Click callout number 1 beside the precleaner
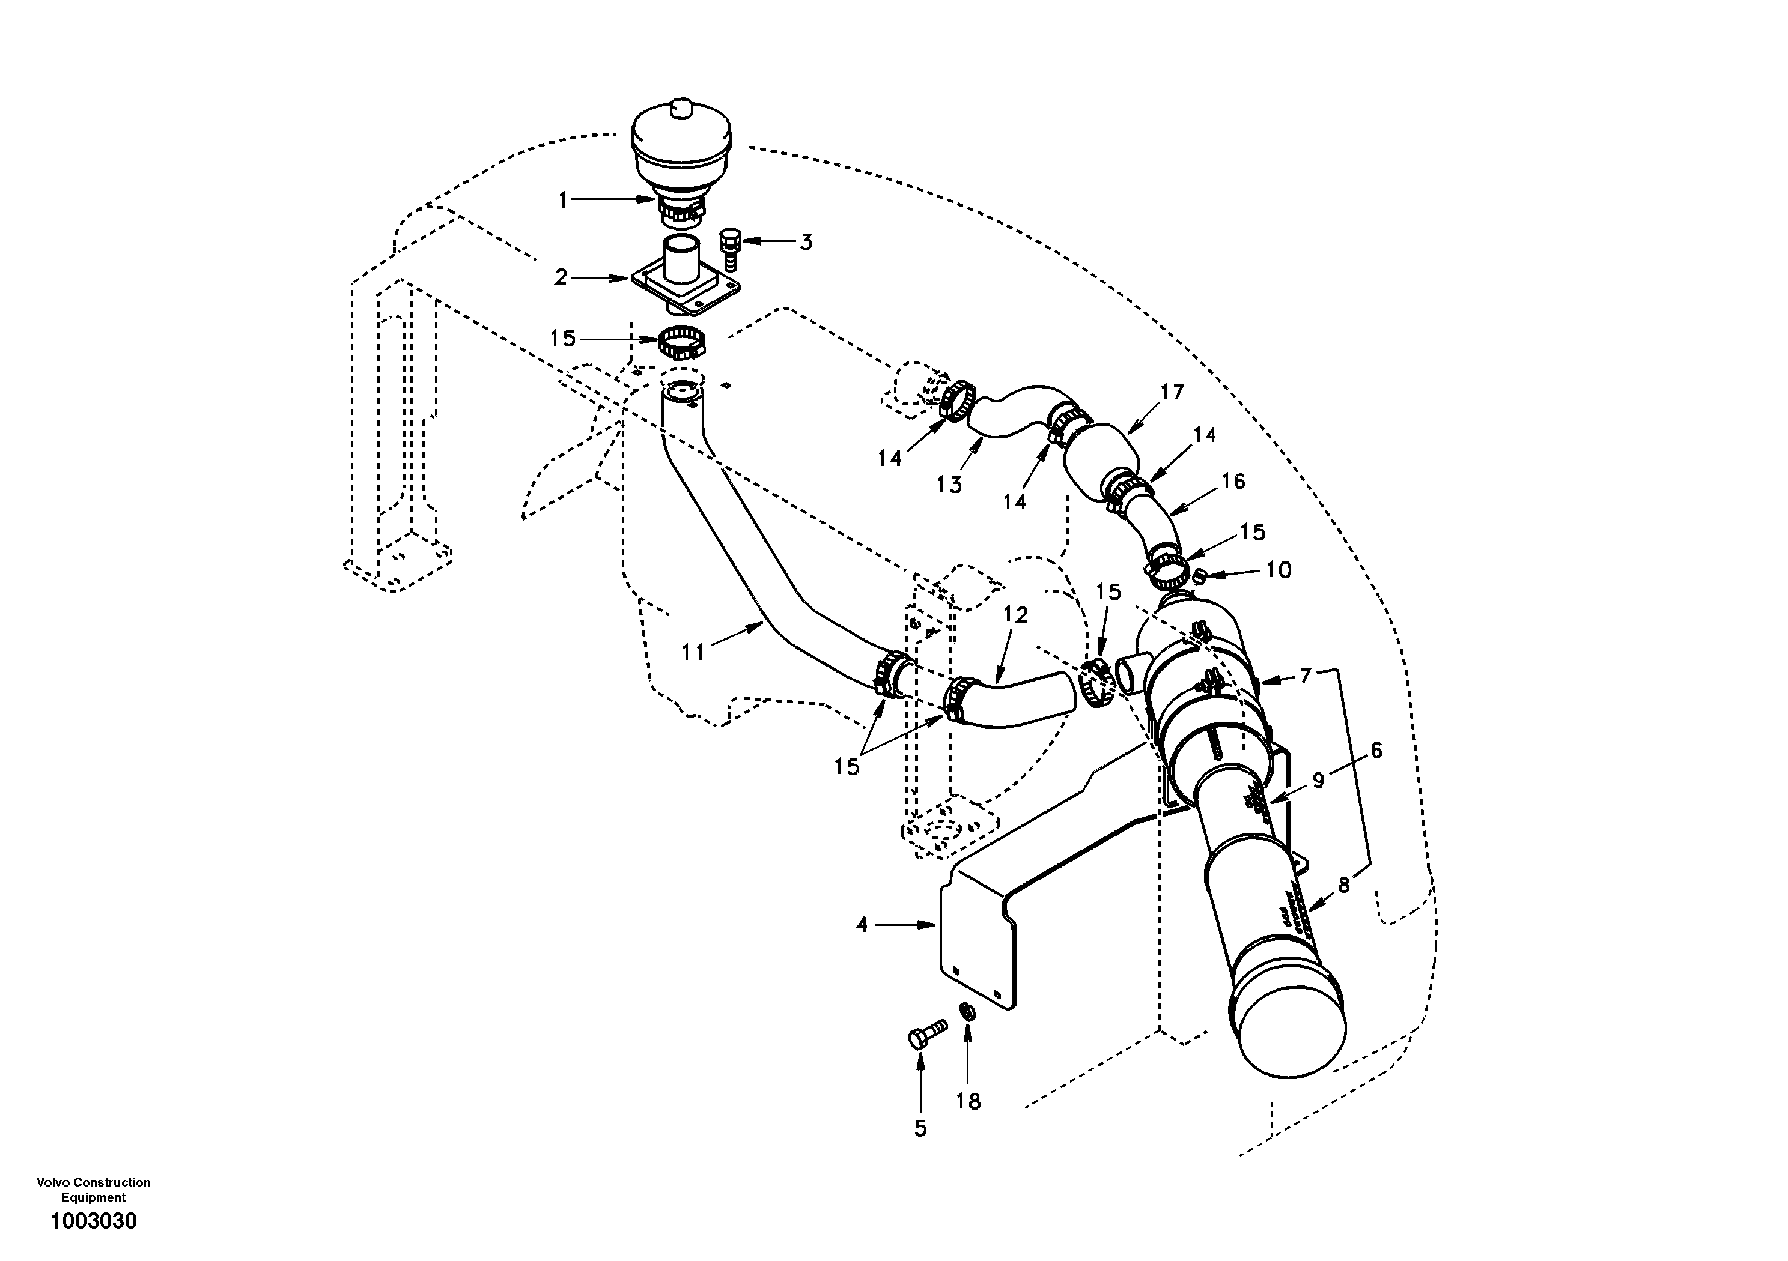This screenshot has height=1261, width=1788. click(562, 200)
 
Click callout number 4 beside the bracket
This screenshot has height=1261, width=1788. click(862, 925)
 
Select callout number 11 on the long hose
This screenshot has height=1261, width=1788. click(693, 652)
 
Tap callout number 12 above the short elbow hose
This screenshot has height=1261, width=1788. click(1015, 615)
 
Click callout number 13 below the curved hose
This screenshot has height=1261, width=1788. click(949, 485)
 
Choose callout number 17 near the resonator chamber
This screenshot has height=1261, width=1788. click(1172, 392)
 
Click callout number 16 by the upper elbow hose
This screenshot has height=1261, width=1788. click(1233, 482)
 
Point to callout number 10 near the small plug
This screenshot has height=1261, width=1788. click(1279, 570)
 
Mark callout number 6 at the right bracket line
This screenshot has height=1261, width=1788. click(1376, 751)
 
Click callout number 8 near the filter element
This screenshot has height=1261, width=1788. click(1344, 885)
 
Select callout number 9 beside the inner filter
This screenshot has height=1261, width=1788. click(1318, 781)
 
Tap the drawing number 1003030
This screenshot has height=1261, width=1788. click(94, 1221)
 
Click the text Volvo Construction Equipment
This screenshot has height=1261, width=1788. click(94, 1190)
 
